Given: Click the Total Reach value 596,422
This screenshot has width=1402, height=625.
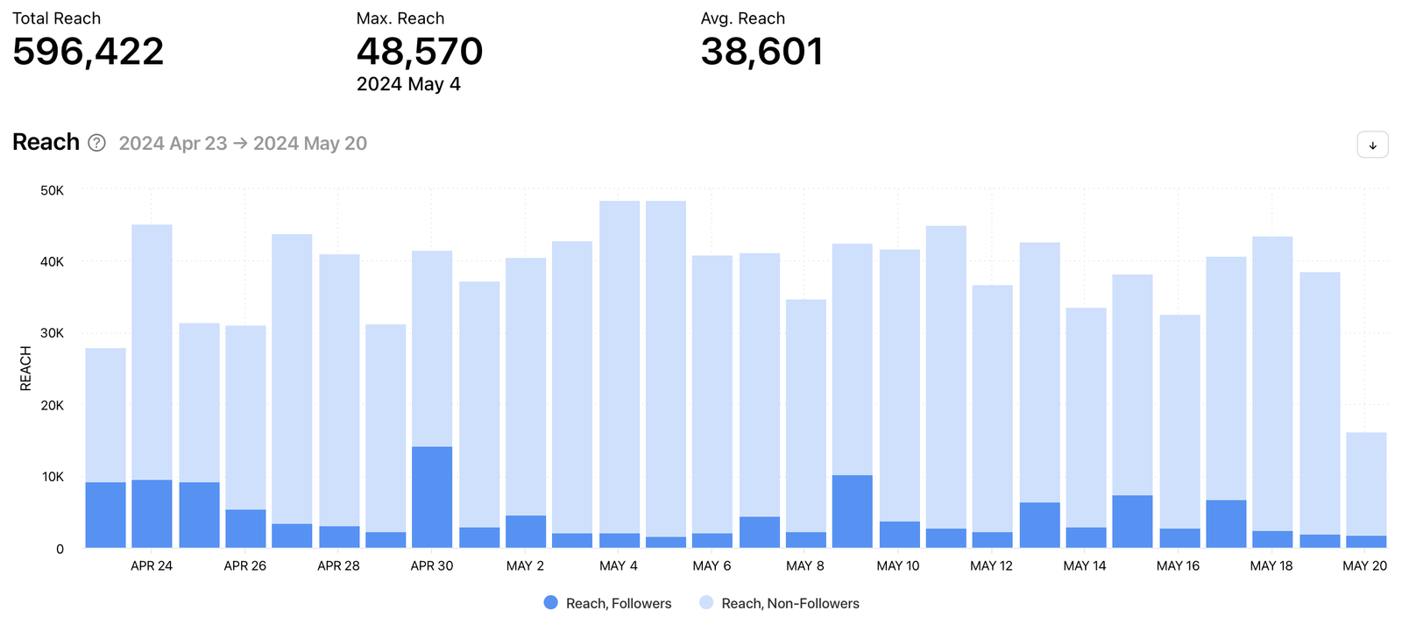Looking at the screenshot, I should tap(88, 52).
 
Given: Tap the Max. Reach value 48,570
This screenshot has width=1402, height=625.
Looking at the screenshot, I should tap(419, 52).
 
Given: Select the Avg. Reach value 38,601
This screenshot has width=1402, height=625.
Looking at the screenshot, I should tap(761, 52).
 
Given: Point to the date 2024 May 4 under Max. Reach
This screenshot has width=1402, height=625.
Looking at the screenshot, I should tap(408, 84).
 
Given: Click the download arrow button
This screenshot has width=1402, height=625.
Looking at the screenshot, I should tap(1372, 145).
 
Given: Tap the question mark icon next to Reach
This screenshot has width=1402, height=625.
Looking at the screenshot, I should tap(97, 143).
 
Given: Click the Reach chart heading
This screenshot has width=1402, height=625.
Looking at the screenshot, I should tap(46, 142).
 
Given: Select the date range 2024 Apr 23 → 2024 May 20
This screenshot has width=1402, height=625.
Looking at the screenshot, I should tap(243, 144).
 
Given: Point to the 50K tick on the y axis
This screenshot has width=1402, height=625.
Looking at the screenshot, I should tap(53, 190).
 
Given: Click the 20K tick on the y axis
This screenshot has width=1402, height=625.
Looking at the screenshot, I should tap(53, 405).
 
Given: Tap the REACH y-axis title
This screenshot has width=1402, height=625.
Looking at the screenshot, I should tap(25, 368).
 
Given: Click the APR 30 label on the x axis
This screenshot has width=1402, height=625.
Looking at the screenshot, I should tap(432, 566).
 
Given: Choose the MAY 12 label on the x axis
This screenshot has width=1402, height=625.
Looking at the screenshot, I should tap(991, 566).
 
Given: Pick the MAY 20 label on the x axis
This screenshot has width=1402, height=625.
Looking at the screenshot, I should tap(1364, 566).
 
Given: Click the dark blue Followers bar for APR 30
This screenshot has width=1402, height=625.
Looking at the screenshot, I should tap(432, 497).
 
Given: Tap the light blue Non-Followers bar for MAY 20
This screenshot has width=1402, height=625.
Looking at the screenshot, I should tap(1366, 484).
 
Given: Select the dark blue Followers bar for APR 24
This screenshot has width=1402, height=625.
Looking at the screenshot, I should tap(152, 514).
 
